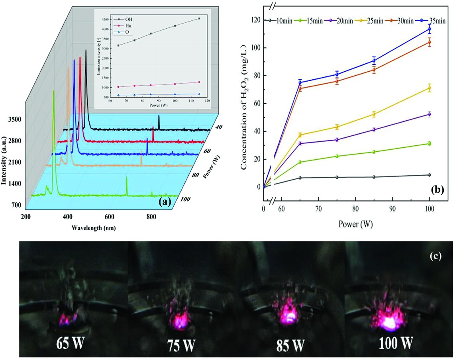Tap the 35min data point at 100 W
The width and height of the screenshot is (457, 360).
pyautogui.click(x=429, y=29)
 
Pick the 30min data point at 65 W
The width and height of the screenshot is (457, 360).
pyautogui.click(x=300, y=88)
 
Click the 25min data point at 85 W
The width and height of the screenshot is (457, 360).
pyautogui.click(x=374, y=114)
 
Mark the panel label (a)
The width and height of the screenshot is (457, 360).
pyautogui.click(x=165, y=202)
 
